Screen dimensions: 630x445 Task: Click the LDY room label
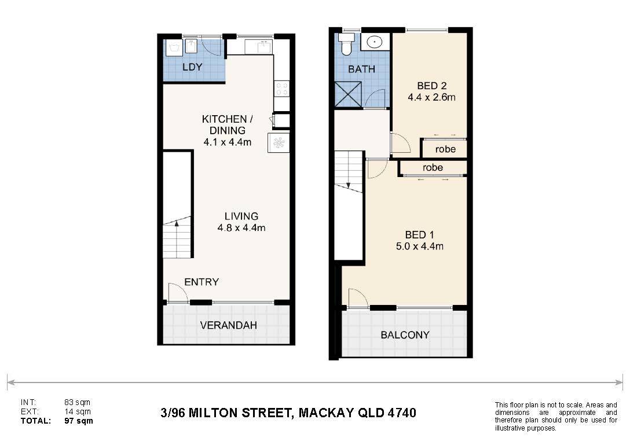coord(192,67)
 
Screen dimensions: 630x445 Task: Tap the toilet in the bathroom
coord(346,44)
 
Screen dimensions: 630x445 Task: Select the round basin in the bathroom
coord(375,41)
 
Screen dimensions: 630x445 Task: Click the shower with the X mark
coord(348,94)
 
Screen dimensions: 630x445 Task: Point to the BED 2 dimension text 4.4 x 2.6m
coord(431,97)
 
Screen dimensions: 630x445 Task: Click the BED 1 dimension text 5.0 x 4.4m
coord(419,246)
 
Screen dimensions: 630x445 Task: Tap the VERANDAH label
coord(228,325)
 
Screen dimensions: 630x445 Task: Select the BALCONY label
coord(405,334)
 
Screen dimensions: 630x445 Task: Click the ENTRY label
coord(202,282)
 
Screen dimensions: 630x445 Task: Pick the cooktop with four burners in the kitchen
coord(281,89)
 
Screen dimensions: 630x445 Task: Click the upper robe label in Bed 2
coord(445,149)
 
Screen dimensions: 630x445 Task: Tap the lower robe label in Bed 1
coord(433,167)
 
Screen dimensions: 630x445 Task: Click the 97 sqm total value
coord(79,421)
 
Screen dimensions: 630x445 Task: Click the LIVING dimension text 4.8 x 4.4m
coord(241,228)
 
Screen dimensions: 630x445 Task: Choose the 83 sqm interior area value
coord(78,402)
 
